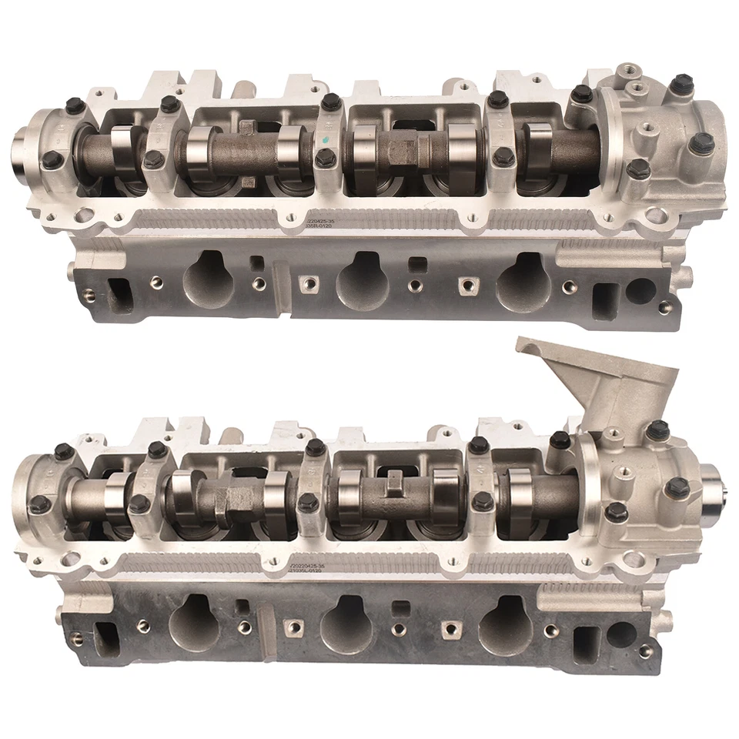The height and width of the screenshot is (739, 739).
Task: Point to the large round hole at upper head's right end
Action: click(x=640, y=290)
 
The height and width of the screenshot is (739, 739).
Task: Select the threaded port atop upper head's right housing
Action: click(x=629, y=72)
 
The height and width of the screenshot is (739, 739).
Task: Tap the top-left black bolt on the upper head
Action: click(x=74, y=106)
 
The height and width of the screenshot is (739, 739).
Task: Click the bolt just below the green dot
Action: click(x=326, y=158)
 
